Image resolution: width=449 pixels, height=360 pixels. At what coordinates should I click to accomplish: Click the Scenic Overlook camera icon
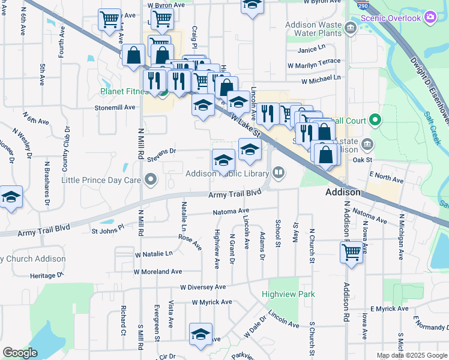click(430, 17)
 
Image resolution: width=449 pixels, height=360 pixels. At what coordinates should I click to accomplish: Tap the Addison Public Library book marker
click(279, 173)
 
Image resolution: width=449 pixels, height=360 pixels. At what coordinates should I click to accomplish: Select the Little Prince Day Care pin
click(151, 179)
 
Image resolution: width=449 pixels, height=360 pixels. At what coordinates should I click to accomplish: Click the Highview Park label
click(288, 295)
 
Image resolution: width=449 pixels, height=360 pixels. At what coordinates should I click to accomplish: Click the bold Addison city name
click(342, 193)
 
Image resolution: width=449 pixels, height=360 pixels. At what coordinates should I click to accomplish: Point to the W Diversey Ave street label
click(201, 287)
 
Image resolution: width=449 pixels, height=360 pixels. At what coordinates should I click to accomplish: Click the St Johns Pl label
click(107, 229)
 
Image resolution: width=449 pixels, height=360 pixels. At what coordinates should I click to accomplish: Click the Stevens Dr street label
click(161, 151)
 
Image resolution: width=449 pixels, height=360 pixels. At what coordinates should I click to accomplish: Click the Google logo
click(20, 353)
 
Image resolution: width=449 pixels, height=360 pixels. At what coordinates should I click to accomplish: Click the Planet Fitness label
click(124, 92)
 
